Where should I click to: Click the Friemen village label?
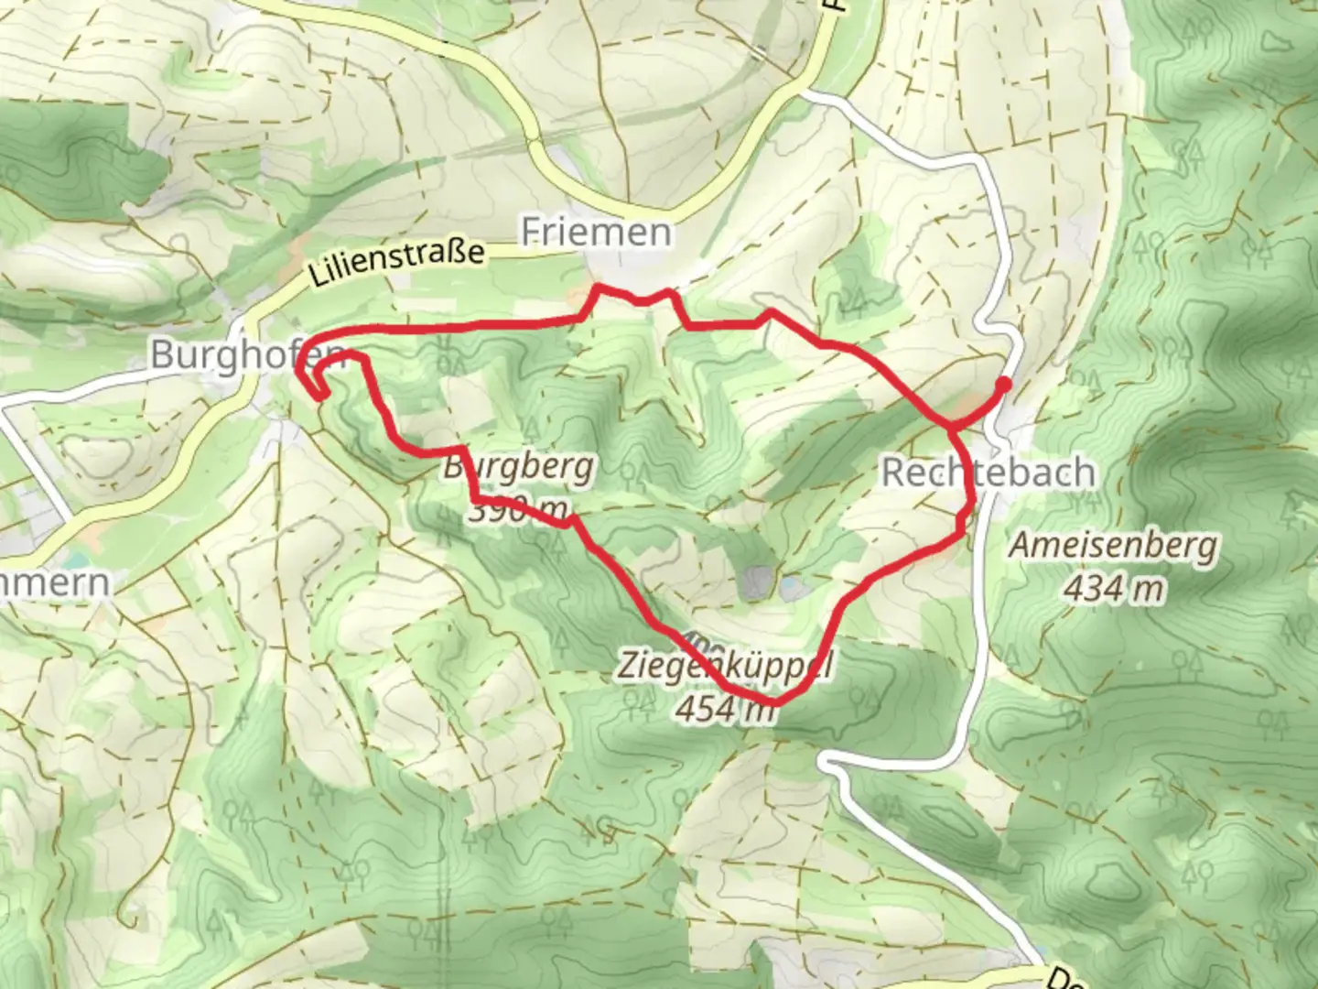tap(596, 232)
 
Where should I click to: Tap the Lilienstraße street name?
tap(396, 262)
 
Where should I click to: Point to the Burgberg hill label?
tap(519, 467)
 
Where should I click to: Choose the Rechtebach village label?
tap(988, 472)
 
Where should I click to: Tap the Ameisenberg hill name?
tap(1113, 546)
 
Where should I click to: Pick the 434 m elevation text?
tap(1113, 588)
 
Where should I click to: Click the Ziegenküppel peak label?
tap(723, 666)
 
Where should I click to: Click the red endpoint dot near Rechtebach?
tap(1004, 384)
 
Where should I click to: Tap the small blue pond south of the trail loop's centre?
tap(793, 587)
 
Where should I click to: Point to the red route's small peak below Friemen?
tap(600, 288)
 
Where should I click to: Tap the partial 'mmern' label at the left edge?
tap(55, 582)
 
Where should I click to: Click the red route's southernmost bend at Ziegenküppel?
tap(773, 701)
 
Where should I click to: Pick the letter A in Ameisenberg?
tap(1020, 546)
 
